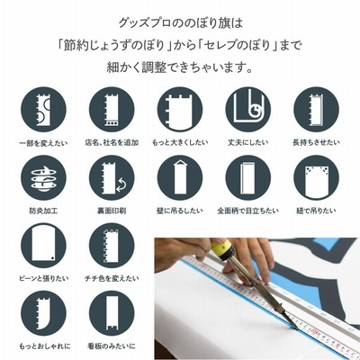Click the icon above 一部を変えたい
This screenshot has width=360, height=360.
43,110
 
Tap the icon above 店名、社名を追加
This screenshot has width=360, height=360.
112,110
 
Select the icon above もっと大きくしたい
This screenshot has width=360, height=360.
180,110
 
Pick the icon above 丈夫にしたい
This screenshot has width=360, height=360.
248,110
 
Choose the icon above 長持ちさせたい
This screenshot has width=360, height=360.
316,110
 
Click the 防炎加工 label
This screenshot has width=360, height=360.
43,211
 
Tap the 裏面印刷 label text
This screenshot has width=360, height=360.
112,211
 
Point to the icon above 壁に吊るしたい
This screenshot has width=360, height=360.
180,178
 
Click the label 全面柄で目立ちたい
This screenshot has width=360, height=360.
248,211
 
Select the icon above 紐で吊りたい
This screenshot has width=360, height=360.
316,178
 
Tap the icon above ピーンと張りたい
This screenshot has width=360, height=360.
43,246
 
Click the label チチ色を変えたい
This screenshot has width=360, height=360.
112,279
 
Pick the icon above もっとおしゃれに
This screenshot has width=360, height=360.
43,313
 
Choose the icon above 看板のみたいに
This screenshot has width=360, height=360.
112,313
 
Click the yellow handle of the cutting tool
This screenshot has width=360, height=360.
223,248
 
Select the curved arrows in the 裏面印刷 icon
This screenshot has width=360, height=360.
122,184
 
